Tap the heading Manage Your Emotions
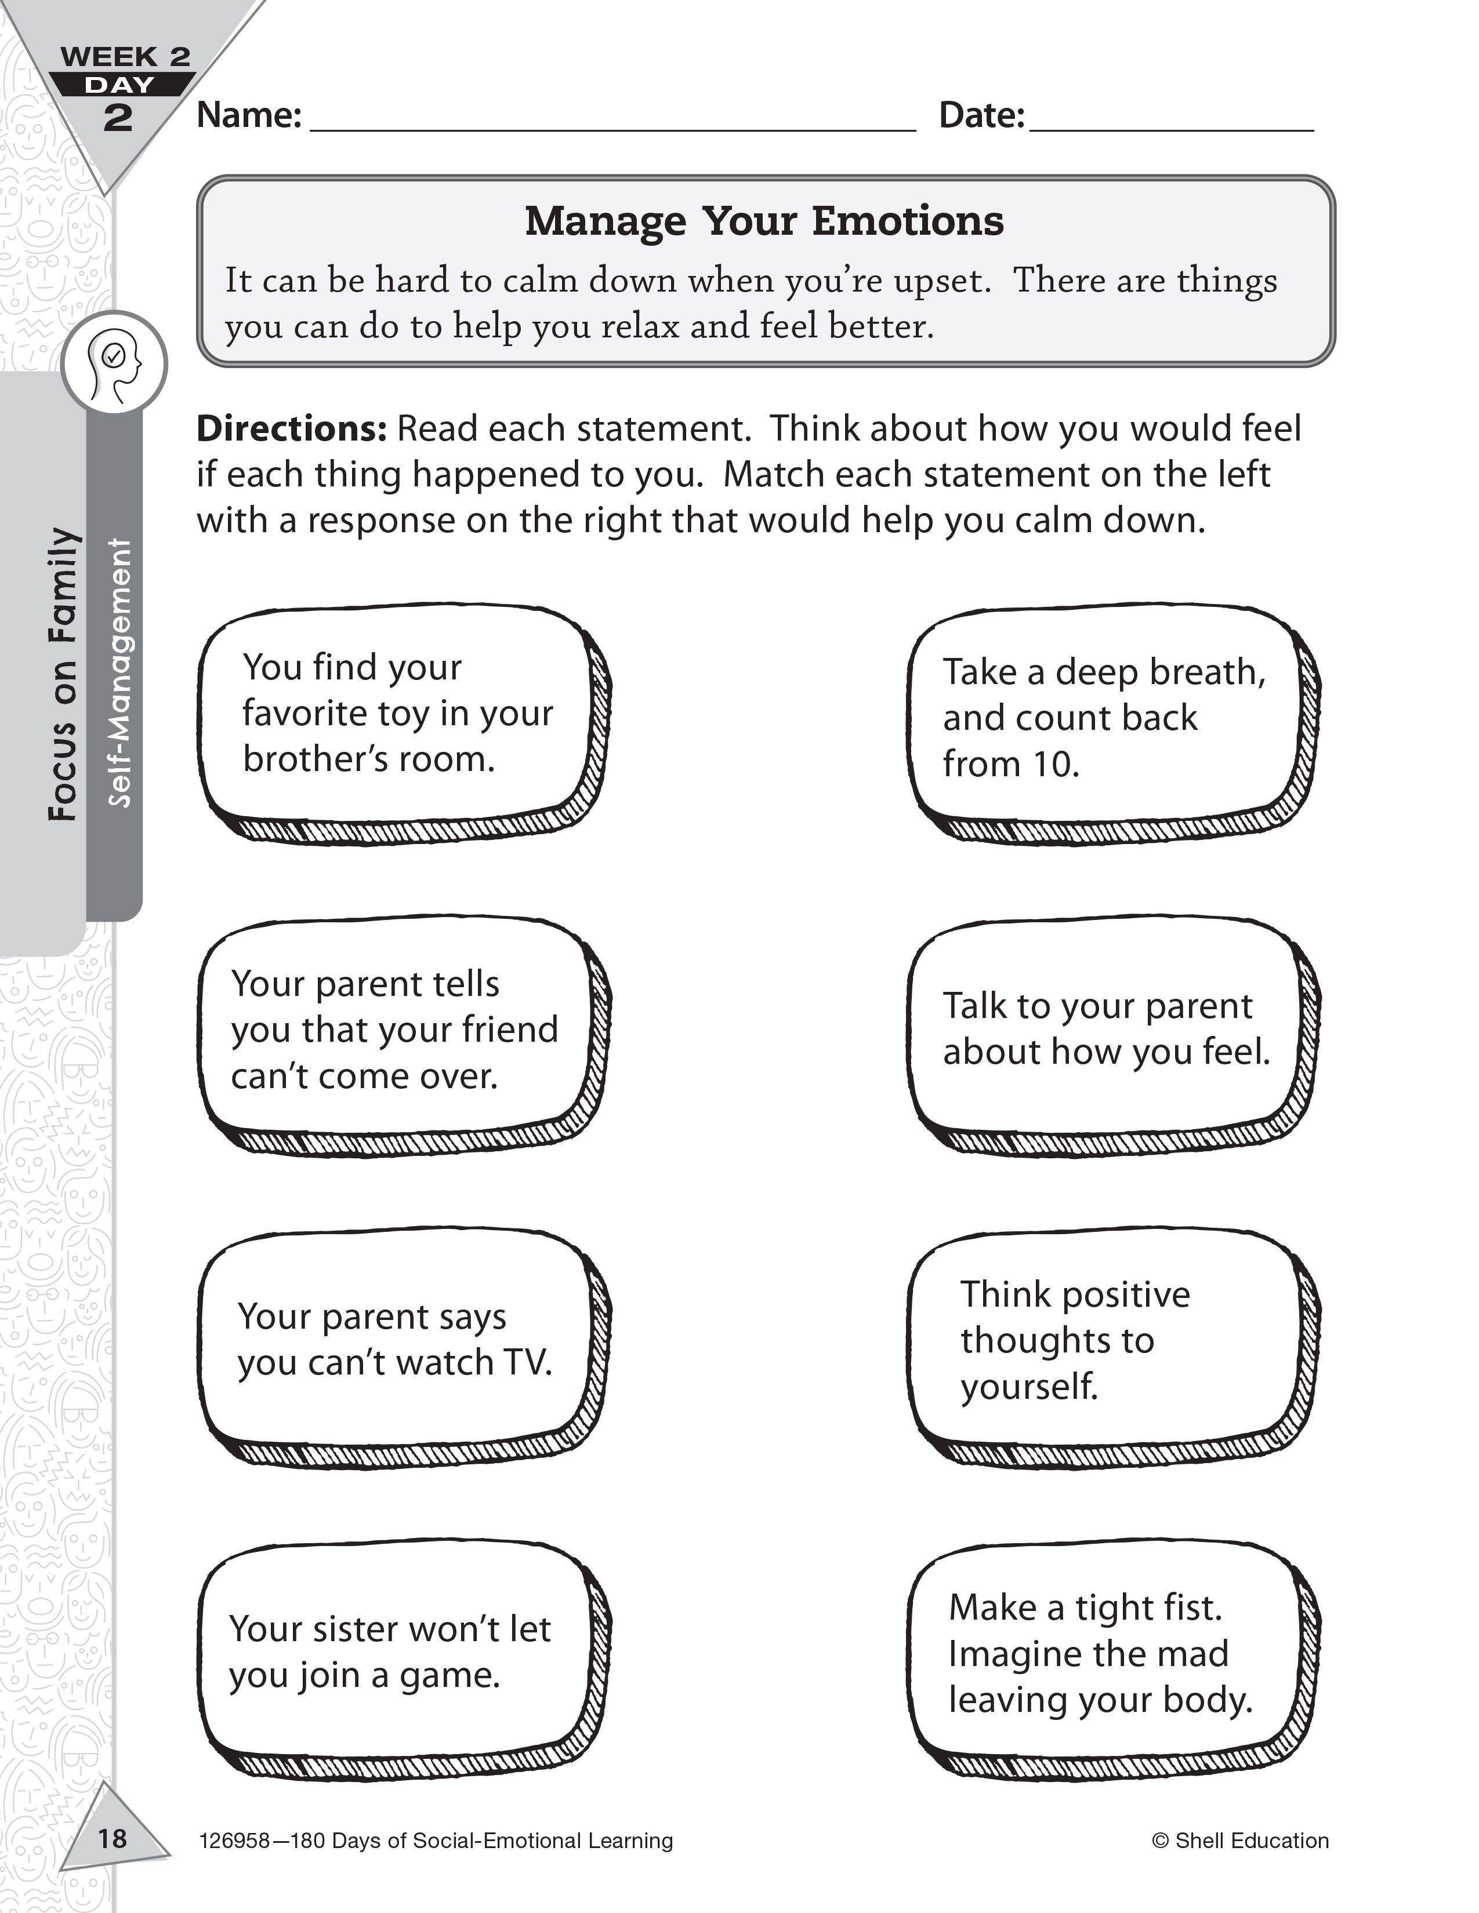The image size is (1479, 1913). click(x=764, y=221)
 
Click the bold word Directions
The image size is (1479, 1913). click(x=291, y=429)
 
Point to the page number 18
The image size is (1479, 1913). click(x=112, y=1838)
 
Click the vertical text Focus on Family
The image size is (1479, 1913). click(x=63, y=674)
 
